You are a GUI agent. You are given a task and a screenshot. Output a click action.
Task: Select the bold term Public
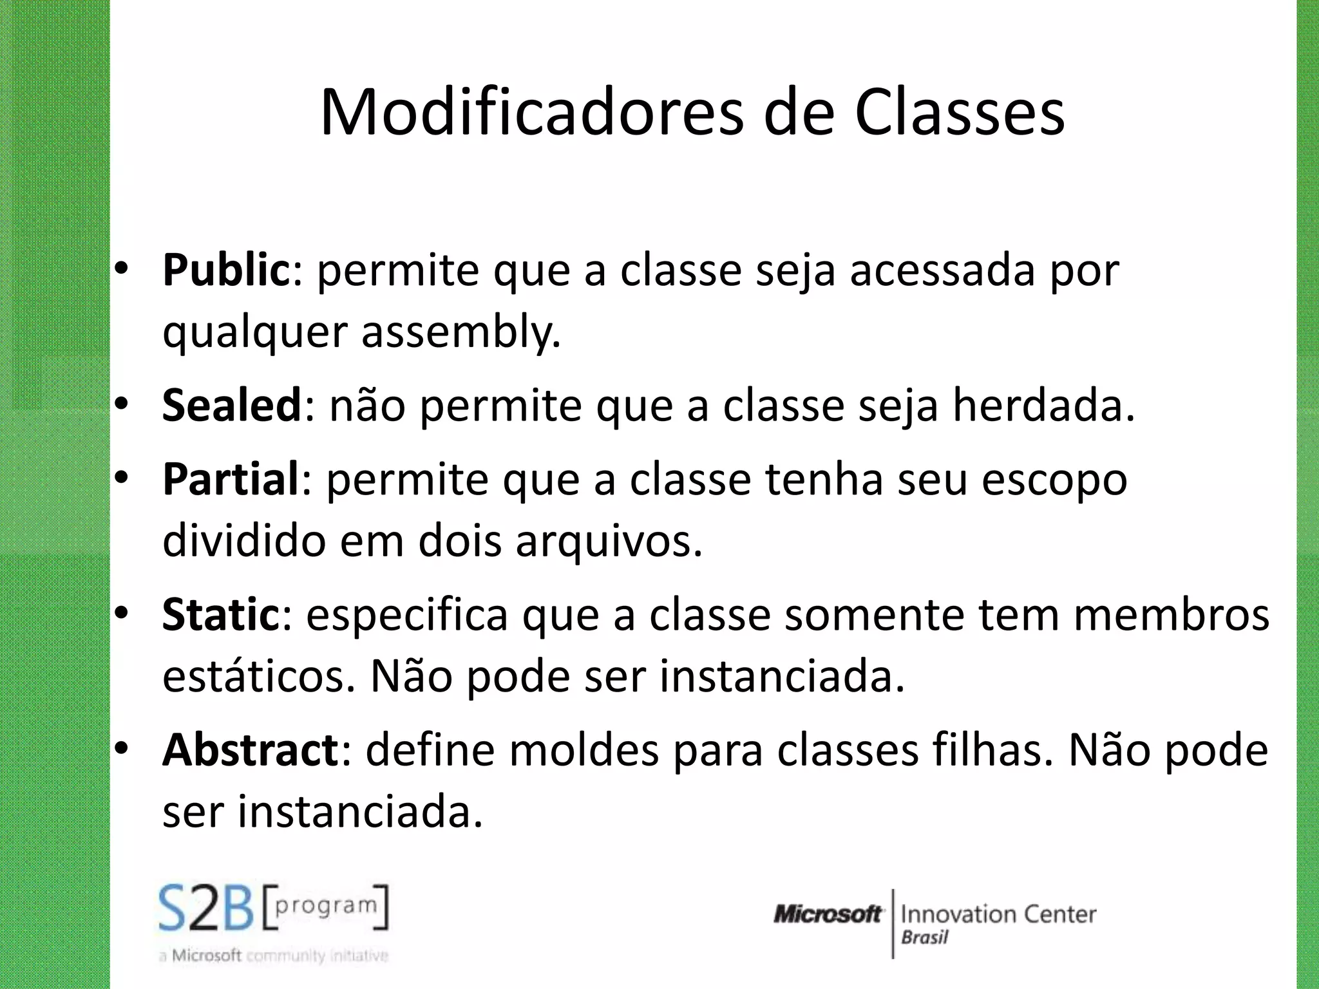point(227,270)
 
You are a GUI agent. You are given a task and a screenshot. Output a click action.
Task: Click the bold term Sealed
point(232,406)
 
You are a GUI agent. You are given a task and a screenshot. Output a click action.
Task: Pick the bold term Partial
point(231,480)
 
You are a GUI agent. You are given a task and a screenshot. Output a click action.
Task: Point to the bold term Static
point(221,615)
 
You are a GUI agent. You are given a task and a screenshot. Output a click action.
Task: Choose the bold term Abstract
point(250,750)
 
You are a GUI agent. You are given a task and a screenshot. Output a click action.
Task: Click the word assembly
point(460,333)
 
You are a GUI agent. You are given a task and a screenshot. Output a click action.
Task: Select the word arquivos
point(609,541)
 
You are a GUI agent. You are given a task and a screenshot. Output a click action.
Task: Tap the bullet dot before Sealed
point(122,405)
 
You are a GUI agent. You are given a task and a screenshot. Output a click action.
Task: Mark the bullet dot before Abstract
point(122,749)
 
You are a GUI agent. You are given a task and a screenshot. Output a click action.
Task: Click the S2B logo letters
point(206,908)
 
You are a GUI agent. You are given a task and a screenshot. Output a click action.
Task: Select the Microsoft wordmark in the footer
point(828,914)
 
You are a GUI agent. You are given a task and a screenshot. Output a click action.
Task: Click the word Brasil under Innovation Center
point(924,937)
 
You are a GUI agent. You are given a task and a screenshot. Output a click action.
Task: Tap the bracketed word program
point(326,905)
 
